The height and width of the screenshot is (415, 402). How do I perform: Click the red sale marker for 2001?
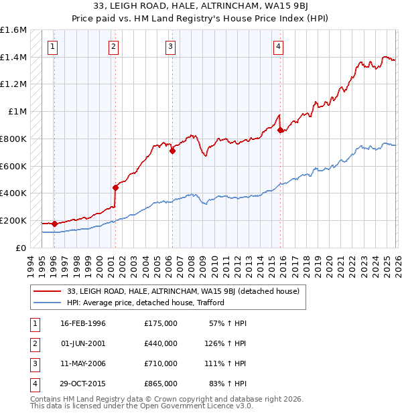116,187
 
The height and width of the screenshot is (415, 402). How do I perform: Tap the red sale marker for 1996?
54,224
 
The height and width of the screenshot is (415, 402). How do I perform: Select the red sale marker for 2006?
172,151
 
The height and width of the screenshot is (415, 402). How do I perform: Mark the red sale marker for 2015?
280,130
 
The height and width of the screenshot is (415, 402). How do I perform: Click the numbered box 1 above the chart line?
52,46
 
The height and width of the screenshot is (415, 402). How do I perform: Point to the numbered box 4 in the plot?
277,46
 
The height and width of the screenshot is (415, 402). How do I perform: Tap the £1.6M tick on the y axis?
13,30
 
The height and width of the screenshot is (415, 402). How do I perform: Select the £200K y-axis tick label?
13,220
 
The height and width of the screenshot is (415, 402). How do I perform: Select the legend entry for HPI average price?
145,303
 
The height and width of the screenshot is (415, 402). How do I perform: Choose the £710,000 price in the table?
161,363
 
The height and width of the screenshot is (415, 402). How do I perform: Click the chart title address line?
201,7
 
